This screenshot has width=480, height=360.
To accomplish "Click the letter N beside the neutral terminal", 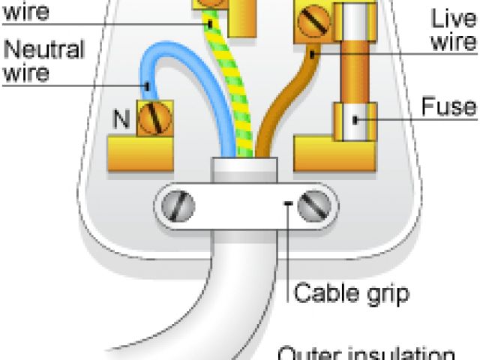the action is tap(121, 118).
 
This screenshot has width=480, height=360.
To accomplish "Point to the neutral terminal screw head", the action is tap(156, 118).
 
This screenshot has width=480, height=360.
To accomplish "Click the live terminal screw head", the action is tap(313, 22).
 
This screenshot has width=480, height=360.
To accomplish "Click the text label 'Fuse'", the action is tap(448, 106).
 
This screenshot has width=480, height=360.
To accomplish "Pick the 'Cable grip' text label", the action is tap(352, 292).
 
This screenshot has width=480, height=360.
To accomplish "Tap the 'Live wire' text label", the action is tap(453, 29).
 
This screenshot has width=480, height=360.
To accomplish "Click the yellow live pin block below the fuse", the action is tap(330, 154).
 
